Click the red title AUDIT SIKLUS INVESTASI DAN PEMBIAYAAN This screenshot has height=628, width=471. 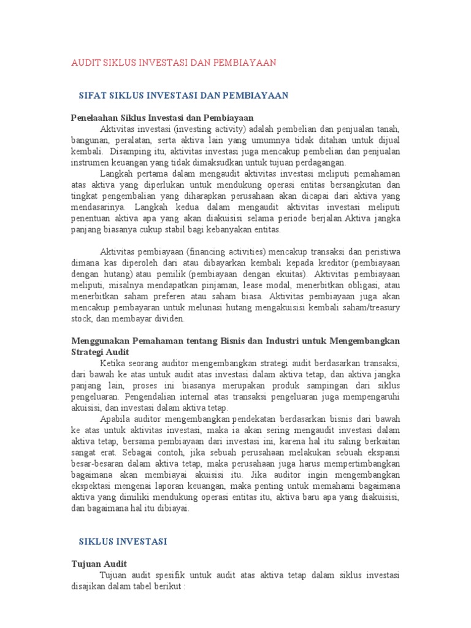point(174,63)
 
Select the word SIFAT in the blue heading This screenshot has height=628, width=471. point(93,96)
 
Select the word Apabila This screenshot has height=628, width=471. point(115,419)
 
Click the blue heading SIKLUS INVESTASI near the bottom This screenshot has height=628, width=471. point(123,542)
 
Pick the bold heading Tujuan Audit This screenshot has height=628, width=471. point(99,564)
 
